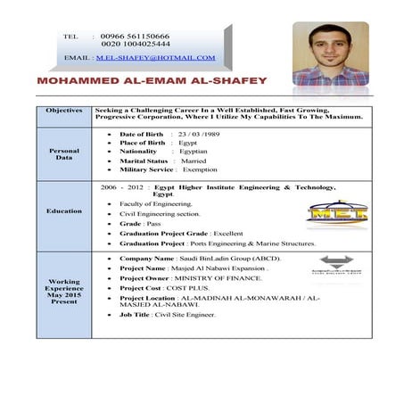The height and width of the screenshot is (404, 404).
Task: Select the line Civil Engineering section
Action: [160, 214]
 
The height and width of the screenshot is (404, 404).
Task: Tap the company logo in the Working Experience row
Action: [336, 266]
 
